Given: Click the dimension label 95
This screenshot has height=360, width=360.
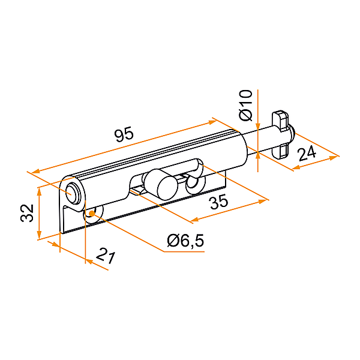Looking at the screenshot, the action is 124,134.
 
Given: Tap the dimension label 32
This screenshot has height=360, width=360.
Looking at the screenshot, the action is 27,213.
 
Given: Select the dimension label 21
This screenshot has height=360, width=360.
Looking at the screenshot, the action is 105,256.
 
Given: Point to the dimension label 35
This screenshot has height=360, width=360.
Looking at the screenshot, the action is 219,202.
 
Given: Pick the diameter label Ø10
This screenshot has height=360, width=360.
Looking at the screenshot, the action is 245,106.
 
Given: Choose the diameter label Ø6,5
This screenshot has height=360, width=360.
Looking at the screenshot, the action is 185,241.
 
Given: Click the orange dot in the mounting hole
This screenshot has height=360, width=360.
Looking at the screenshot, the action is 92,214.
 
